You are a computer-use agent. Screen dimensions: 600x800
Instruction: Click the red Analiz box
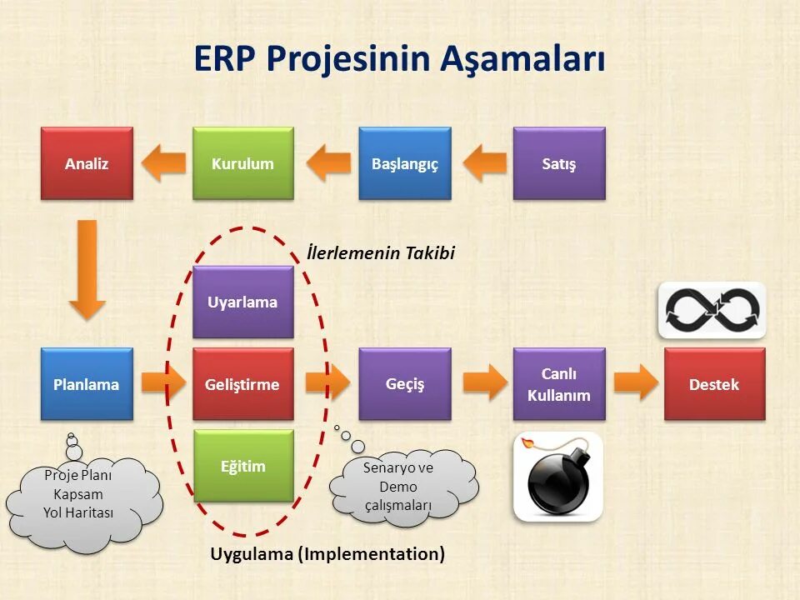pyautogui.click(x=87, y=163)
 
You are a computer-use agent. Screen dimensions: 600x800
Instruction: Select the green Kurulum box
pyautogui.click(x=242, y=163)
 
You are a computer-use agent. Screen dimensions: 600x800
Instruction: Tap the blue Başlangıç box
pyautogui.click(x=405, y=163)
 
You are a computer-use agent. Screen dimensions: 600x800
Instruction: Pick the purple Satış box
pyautogui.click(x=558, y=163)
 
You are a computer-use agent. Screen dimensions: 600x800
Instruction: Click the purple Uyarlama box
pyautogui.click(x=242, y=302)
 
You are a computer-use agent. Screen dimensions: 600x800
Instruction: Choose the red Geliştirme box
pyautogui.click(x=242, y=384)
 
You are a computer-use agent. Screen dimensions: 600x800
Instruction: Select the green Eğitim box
pyautogui.click(x=243, y=466)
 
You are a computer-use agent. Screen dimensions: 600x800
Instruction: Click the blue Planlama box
pyautogui.click(x=87, y=384)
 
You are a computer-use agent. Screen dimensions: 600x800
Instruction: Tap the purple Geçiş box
pyautogui.click(x=405, y=383)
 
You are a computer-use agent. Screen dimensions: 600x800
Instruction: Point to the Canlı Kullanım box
pyautogui.click(x=558, y=384)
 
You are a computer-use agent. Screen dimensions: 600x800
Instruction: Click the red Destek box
pyautogui.click(x=714, y=384)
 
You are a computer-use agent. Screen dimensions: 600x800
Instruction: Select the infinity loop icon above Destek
pyautogui.click(x=712, y=310)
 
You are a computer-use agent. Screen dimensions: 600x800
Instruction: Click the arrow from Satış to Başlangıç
pyautogui.click(x=484, y=162)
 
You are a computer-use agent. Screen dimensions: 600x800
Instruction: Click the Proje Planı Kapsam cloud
pyautogui.click(x=81, y=495)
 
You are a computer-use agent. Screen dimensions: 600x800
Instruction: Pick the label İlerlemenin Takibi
pyautogui.click(x=381, y=252)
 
